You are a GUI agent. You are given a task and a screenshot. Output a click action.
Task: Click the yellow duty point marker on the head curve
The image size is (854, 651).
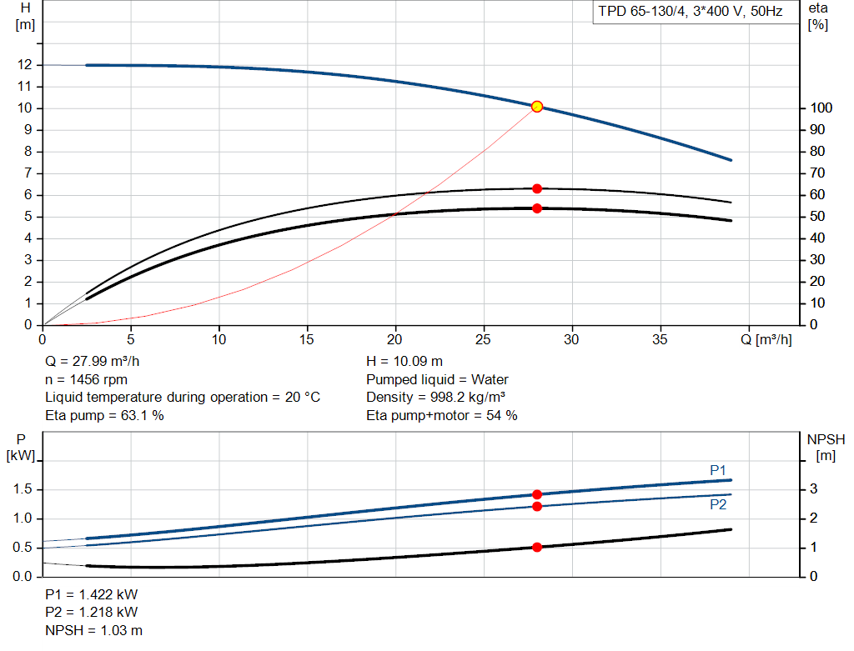[x=537, y=107]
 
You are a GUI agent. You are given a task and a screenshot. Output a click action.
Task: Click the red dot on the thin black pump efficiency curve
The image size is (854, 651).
[x=537, y=189]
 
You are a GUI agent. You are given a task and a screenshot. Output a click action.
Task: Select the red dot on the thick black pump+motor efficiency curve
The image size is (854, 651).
[x=537, y=208]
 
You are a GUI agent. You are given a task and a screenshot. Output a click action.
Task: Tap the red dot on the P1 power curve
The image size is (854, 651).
[x=537, y=495]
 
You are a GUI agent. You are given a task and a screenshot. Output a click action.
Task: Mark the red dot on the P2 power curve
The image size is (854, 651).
[x=537, y=507]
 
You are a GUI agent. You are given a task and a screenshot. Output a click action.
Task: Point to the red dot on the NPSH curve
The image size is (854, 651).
[x=537, y=548]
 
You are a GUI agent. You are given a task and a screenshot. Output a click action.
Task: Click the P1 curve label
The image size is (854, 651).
[x=718, y=470]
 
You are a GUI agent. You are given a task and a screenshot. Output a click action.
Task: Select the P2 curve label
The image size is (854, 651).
[x=718, y=505]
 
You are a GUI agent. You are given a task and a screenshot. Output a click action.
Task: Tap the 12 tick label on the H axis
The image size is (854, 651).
[x=25, y=65]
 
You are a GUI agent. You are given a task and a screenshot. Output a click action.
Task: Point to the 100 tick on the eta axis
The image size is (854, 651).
[x=821, y=108]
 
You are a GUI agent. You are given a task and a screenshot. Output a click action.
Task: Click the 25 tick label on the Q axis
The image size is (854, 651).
[x=483, y=339]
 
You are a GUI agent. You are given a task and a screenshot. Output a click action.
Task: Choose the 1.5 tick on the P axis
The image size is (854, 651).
[x=23, y=489]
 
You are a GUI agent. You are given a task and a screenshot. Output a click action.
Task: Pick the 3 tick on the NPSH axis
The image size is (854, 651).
[x=814, y=489]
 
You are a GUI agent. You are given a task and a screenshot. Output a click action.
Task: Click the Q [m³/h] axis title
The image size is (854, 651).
[x=766, y=339]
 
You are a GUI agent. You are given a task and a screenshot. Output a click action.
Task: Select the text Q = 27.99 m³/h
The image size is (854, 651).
[x=93, y=362]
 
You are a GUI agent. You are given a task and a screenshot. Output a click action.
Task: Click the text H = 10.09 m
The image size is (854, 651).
[x=404, y=362]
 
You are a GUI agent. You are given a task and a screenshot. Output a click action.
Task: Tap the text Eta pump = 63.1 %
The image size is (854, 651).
[x=104, y=416]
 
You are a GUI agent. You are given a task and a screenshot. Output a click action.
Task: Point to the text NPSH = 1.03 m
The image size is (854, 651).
[x=93, y=630]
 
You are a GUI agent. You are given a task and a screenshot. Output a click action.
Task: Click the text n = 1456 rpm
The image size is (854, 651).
[x=86, y=379]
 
